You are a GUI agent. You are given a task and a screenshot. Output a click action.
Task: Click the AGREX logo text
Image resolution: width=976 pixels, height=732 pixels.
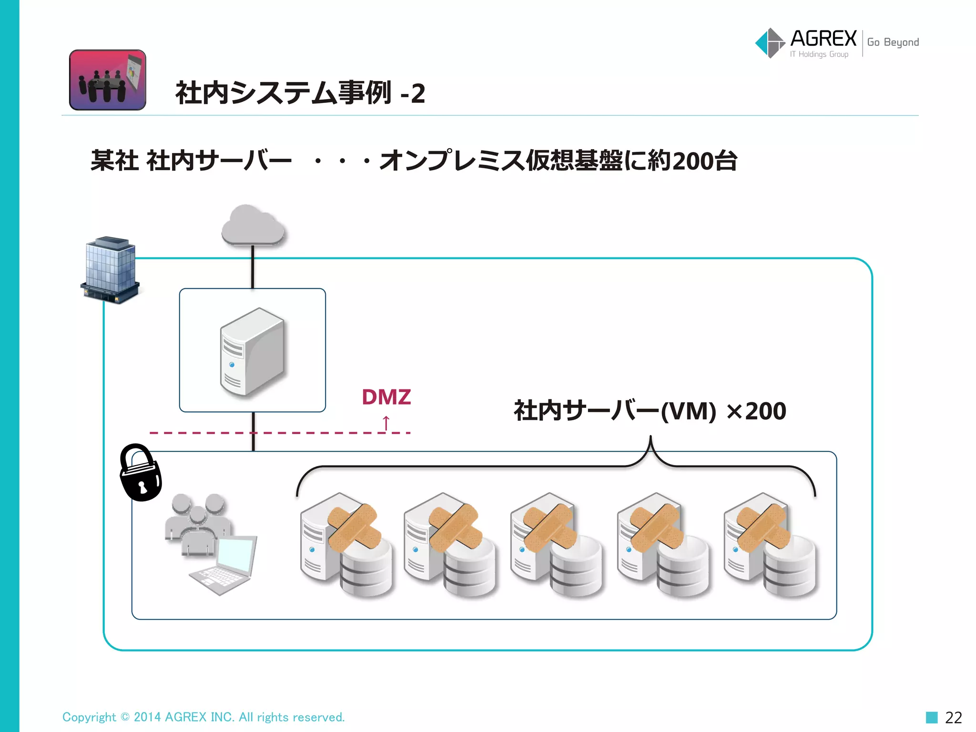[x=823, y=38]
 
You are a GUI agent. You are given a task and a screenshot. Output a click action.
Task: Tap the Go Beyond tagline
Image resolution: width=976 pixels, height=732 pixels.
[x=893, y=42]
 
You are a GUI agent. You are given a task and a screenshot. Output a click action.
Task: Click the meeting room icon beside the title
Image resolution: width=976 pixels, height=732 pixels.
[x=108, y=80]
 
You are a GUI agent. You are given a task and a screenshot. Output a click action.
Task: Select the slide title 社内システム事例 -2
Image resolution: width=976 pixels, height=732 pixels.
[x=300, y=93]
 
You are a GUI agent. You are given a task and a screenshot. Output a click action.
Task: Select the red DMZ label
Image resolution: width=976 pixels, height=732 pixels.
[x=386, y=397]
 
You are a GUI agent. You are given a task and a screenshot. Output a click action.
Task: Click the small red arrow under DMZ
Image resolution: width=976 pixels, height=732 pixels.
[x=386, y=423]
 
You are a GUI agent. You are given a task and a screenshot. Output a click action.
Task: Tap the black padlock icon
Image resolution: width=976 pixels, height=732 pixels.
[x=140, y=474]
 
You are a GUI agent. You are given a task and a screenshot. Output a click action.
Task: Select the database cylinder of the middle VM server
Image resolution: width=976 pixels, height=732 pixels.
[x=576, y=567]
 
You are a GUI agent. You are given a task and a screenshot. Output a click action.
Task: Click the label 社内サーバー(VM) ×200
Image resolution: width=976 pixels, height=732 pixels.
[x=650, y=411]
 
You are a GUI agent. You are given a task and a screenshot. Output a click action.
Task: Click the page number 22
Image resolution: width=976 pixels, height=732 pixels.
[x=953, y=717]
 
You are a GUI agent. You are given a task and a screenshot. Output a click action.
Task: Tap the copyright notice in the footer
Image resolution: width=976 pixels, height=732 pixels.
[x=203, y=717]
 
